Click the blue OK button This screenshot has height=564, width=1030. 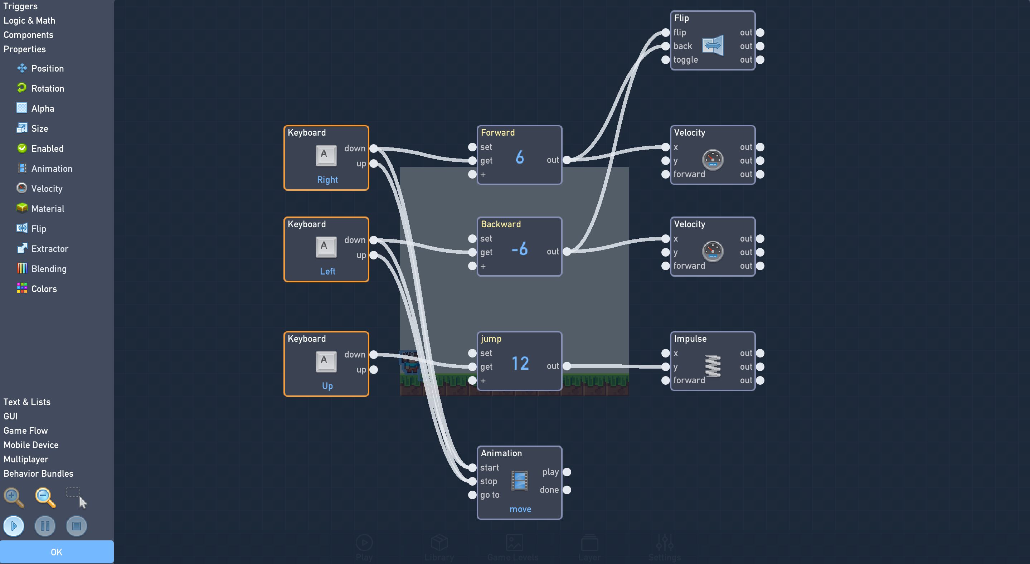[x=57, y=552]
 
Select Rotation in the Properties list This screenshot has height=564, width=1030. [x=48, y=88]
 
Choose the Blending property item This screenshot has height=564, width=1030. [x=49, y=269]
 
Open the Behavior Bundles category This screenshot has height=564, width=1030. [x=38, y=473]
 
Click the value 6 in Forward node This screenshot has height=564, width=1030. [x=519, y=157]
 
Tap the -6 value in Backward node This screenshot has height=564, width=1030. [x=519, y=249]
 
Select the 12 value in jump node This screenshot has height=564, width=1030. [x=520, y=363]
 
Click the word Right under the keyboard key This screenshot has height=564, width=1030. [x=327, y=180]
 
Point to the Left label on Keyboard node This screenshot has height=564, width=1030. [x=327, y=271]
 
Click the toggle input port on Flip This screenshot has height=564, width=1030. [x=665, y=59]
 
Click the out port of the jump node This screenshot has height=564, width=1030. [x=567, y=366]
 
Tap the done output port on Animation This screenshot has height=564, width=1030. [x=567, y=490]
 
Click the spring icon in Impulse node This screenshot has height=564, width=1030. [x=713, y=366]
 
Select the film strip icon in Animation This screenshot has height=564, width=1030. [x=519, y=481]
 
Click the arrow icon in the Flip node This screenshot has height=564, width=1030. [x=713, y=45]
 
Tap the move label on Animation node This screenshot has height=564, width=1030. [x=520, y=509]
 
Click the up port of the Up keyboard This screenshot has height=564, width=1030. [x=373, y=370]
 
